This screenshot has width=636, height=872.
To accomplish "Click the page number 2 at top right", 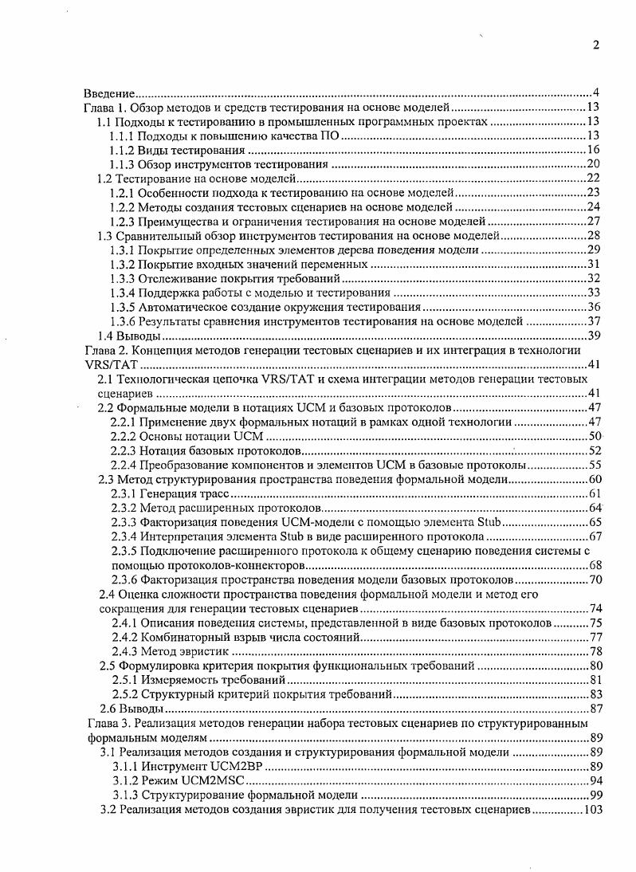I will coord(595,45).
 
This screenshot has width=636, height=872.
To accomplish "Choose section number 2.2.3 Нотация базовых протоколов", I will coord(124,450).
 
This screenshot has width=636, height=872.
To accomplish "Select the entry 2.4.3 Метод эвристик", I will coord(166,650).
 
